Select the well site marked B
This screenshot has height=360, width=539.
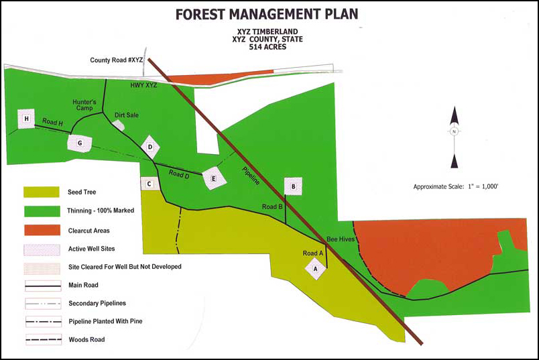(293, 186)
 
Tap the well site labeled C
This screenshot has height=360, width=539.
(149, 184)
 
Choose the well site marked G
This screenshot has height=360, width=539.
(79, 143)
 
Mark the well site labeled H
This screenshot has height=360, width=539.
(26, 119)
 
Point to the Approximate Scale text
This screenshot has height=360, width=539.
(455, 186)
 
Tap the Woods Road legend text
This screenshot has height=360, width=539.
(86, 340)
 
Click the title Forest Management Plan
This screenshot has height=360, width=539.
(267, 13)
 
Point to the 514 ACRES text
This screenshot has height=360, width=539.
(267, 48)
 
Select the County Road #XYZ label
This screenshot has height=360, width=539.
(117, 60)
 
